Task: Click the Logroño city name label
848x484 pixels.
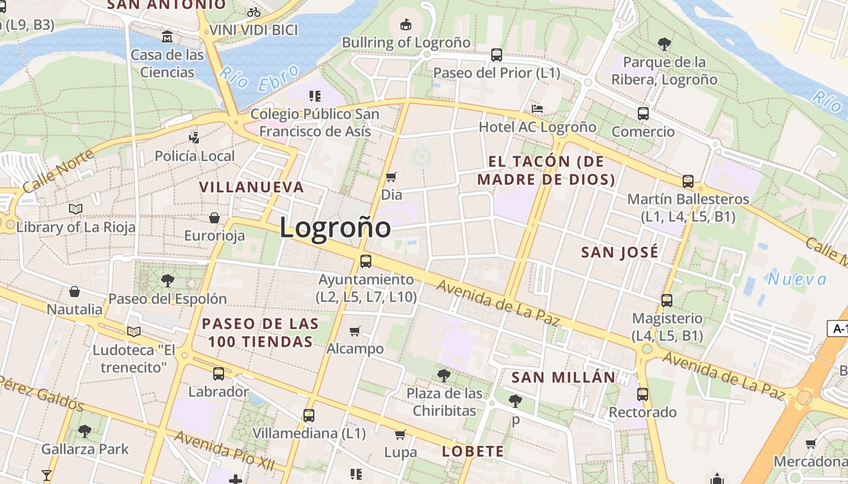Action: click(x=335, y=228)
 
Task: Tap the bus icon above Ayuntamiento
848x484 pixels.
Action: click(x=366, y=261)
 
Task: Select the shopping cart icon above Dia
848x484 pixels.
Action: click(x=391, y=177)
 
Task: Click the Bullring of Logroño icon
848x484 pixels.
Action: click(x=406, y=24)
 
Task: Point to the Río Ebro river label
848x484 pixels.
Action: click(x=260, y=78)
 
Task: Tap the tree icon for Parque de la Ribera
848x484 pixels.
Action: click(x=664, y=44)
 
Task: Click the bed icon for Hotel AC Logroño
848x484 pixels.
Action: click(x=537, y=109)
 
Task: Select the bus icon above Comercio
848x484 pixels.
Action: click(x=643, y=113)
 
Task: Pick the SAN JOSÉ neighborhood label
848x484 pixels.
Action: click(x=619, y=252)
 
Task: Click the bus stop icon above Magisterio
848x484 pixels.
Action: click(x=667, y=300)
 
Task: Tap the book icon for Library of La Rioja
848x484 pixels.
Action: click(x=76, y=209)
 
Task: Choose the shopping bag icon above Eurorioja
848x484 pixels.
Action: click(x=214, y=218)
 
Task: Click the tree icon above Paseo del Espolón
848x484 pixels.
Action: click(x=167, y=280)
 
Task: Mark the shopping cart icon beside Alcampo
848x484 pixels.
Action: click(x=355, y=331)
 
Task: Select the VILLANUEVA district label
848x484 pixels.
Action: click(x=251, y=187)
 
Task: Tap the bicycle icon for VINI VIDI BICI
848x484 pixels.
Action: click(x=254, y=12)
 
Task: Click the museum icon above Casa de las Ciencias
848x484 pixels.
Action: click(x=167, y=36)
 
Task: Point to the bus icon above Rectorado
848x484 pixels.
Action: click(x=643, y=394)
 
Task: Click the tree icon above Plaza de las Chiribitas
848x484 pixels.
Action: click(x=444, y=375)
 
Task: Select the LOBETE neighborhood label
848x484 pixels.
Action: click(x=472, y=451)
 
